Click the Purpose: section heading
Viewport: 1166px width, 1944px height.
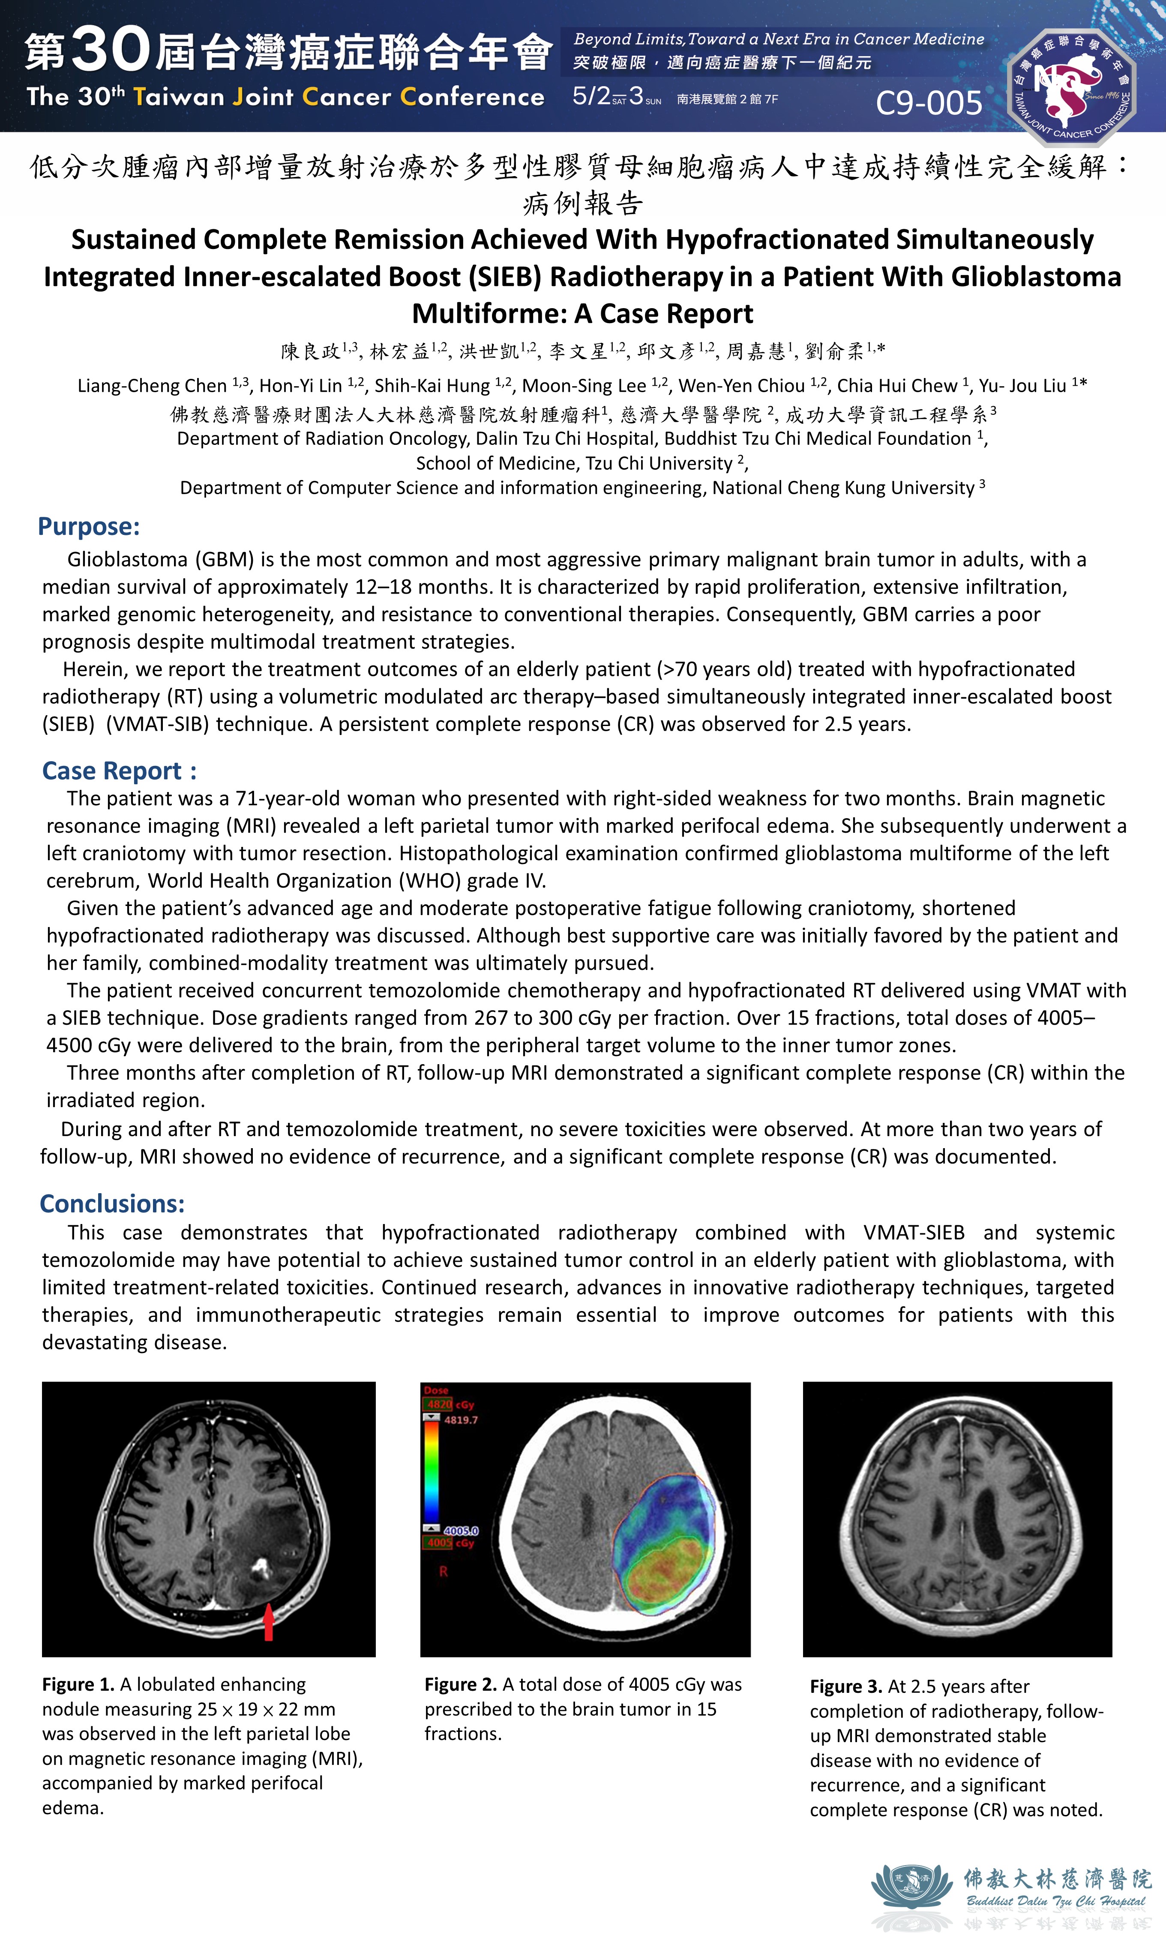[89, 526]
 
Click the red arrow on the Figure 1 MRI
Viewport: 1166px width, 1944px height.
[269, 1621]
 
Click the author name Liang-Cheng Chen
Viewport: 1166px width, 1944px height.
[153, 386]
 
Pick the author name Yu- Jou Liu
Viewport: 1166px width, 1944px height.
[1022, 386]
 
